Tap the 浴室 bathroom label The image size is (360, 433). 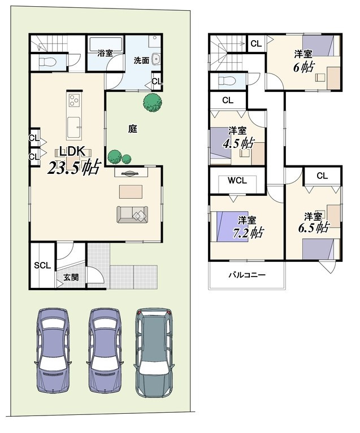pyautogui.click(x=105, y=53)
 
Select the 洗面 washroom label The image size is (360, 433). pyautogui.click(x=141, y=60)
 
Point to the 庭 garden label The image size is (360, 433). pyautogui.click(x=133, y=129)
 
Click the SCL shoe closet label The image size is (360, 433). pyautogui.click(x=42, y=265)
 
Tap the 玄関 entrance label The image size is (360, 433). pyautogui.click(x=71, y=277)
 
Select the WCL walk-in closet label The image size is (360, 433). pyautogui.click(x=237, y=181)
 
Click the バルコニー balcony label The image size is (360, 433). pyautogui.click(x=247, y=275)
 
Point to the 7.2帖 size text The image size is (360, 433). pyautogui.click(x=248, y=233)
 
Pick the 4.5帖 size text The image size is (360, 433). pyautogui.click(x=238, y=143)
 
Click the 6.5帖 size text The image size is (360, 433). pyautogui.click(x=314, y=228)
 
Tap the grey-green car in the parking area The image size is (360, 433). pyautogui.click(x=154, y=353)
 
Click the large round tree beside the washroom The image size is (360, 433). pyautogui.click(x=153, y=102)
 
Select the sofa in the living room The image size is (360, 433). pyautogui.click(x=132, y=215)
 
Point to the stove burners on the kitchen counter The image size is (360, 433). pyautogui.click(x=74, y=100)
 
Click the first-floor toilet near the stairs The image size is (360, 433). pyautogui.click(x=46, y=62)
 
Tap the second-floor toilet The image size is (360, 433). pyautogui.click(x=227, y=81)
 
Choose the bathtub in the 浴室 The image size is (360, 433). pyautogui.click(x=106, y=44)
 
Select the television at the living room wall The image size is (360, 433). pyautogui.click(x=131, y=173)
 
